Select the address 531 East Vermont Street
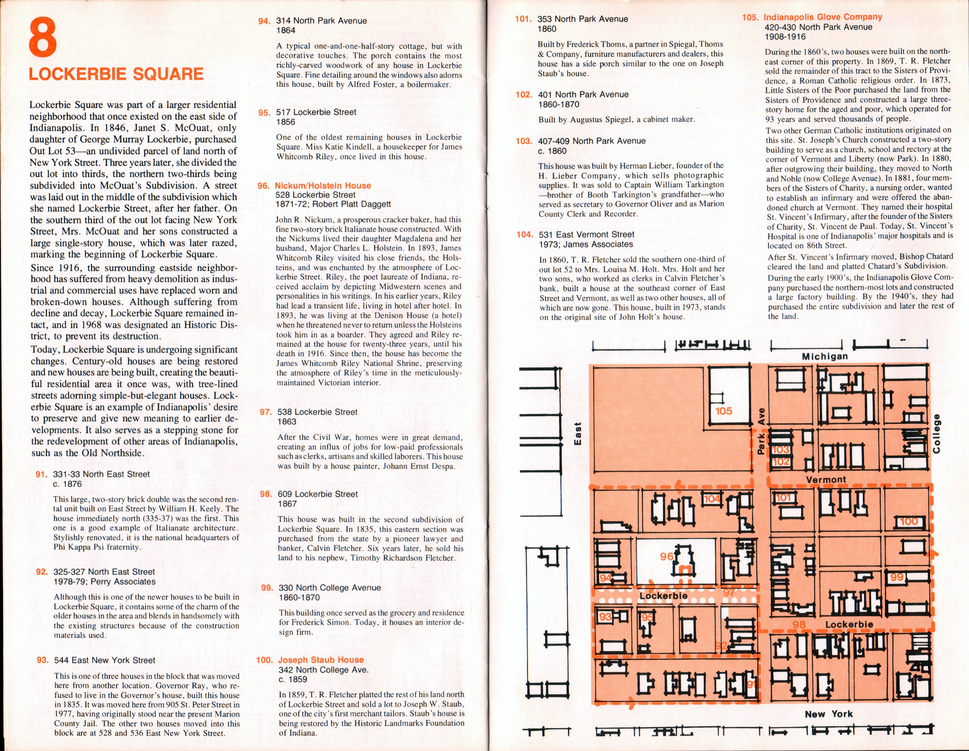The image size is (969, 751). (x=587, y=234)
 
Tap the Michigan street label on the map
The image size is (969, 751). (x=825, y=356)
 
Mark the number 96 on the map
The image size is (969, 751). (x=666, y=556)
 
